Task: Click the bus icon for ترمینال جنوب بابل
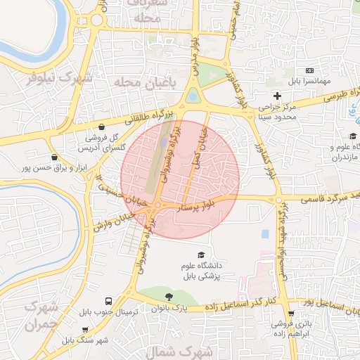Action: pos(108,300)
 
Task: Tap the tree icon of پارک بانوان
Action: pos(167,297)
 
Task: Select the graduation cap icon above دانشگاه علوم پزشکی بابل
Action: pos(202,255)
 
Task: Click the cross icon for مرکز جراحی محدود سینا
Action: pos(278,96)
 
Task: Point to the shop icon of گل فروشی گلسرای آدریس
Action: pos(103,127)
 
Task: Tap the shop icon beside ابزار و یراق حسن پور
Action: pos(54,157)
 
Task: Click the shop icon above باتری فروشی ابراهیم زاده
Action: pos(291,314)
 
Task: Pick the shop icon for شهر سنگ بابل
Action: pos(85,329)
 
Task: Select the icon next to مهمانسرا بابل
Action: pos(310,72)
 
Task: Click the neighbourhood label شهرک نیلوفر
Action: pos(60,78)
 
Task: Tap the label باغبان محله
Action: pos(141,83)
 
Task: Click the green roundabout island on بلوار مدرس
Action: pos(192,96)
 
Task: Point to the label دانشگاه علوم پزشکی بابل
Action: pos(202,271)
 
